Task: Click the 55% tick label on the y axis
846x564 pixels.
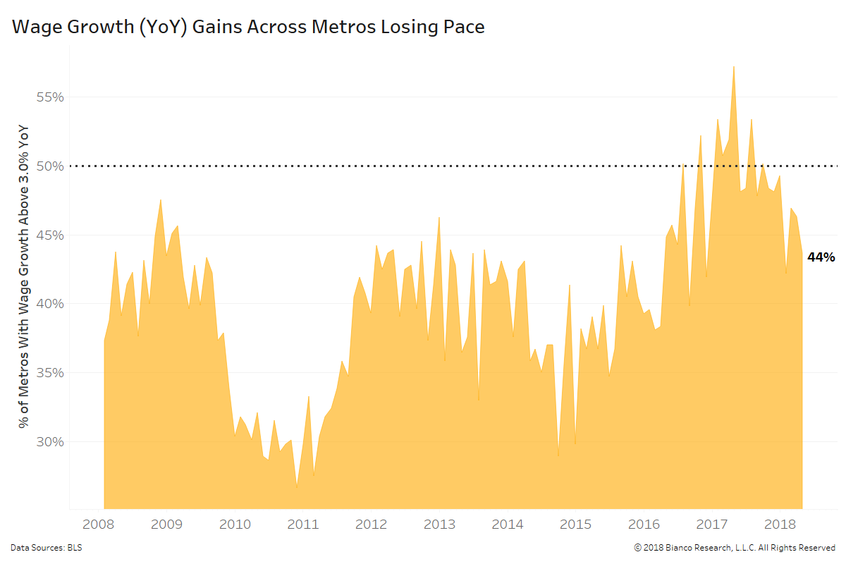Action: [x=50, y=97]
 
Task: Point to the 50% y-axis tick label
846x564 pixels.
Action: [x=50, y=166]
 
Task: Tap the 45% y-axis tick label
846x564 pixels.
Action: [x=50, y=235]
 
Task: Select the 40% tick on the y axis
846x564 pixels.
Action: [x=50, y=304]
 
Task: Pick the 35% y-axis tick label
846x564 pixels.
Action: [x=50, y=373]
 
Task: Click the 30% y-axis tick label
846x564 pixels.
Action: [x=50, y=442]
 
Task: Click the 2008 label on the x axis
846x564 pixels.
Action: [x=99, y=525]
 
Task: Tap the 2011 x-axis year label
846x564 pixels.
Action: [x=303, y=525]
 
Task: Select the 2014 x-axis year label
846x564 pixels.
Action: [x=507, y=525]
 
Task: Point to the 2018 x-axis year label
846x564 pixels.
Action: [x=780, y=525]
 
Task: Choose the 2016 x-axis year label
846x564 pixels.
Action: [x=644, y=525]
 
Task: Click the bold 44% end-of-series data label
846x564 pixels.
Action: [x=821, y=257]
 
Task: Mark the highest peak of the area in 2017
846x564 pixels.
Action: [x=734, y=67]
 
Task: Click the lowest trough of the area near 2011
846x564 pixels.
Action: [x=297, y=486]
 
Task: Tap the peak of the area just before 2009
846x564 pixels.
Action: [x=161, y=200]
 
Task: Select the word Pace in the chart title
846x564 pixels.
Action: [x=462, y=27]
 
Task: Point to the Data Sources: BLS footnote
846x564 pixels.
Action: [x=46, y=547]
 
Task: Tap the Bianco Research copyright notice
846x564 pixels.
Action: [x=735, y=547]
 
